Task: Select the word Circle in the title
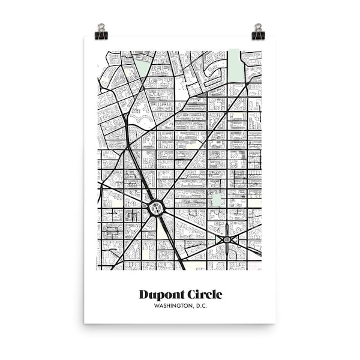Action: click(x=202, y=294)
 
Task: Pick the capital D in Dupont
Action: click(x=144, y=294)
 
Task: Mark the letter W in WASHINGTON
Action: click(x=156, y=307)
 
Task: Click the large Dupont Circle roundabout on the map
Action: click(x=156, y=208)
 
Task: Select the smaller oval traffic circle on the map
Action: click(x=227, y=240)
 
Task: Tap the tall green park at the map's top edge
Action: click(x=235, y=67)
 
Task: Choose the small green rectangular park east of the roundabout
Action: click(x=215, y=199)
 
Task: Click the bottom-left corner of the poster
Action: click(x=85, y=323)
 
